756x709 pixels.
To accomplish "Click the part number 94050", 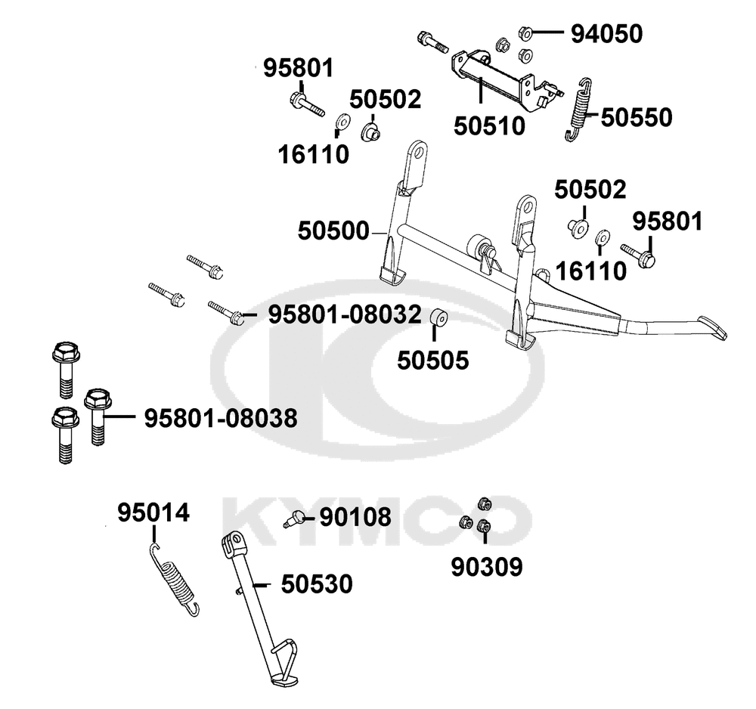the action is (x=606, y=34).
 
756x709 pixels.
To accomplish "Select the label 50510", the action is (x=489, y=126).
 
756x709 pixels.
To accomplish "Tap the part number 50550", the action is (x=637, y=118).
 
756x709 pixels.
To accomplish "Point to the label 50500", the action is (x=333, y=231).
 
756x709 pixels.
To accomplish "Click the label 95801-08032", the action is (x=345, y=314).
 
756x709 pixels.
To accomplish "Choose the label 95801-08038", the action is (x=221, y=418).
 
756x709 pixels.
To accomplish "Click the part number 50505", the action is (x=433, y=361).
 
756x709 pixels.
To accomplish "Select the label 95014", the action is (x=153, y=512).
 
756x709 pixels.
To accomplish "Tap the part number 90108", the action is (x=355, y=518).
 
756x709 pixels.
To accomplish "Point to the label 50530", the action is (x=317, y=584).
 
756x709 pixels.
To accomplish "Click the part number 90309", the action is (x=487, y=568).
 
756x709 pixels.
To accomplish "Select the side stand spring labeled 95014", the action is (x=174, y=580).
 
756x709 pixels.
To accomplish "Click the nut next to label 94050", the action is (x=525, y=33).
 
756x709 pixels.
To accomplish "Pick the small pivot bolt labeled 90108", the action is (x=294, y=519).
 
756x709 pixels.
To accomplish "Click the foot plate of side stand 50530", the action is (x=284, y=682).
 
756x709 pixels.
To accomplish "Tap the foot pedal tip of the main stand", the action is (x=712, y=328).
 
